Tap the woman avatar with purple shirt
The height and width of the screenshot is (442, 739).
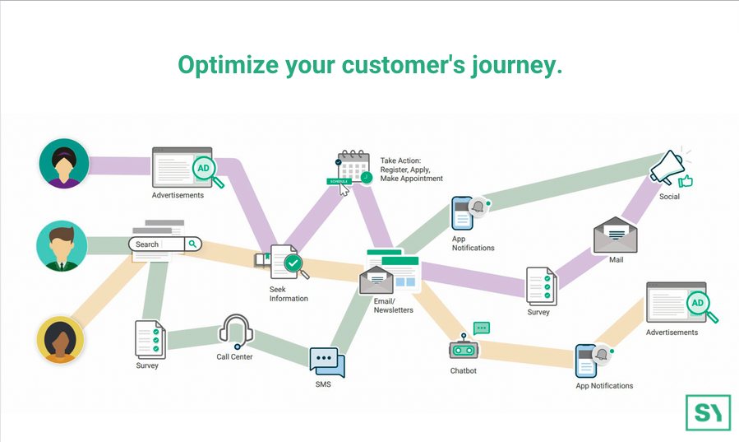coord(63,163)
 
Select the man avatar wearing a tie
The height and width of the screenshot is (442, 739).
coord(62,245)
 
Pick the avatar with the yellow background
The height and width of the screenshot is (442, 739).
coord(62,338)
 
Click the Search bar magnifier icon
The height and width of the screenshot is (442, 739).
coord(192,244)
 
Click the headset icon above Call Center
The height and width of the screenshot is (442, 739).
coord(235,332)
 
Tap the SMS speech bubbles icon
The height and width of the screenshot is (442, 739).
coord(326,362)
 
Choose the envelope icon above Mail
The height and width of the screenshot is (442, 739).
coord(616,235)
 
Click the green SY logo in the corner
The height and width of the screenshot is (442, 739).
coord(708,412)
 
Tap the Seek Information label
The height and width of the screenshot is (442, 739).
coord(289,294)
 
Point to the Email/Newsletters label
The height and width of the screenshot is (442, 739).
coord(393,305)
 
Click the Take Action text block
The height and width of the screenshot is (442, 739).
coord(411,170)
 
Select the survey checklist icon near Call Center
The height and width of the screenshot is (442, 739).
coord(150,339)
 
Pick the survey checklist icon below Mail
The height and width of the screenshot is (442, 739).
coord(541,286)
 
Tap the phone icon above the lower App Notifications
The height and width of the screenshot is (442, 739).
coord(586,361)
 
